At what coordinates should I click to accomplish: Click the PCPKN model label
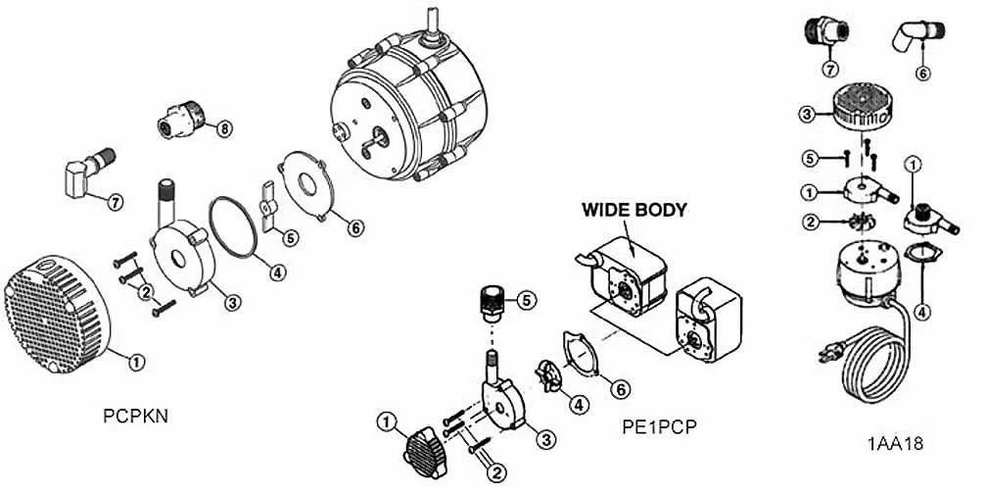(x=136, y=416)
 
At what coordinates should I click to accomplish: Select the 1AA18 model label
(x=895, y=443)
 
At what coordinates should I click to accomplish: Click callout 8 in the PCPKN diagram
(x=224, y=128)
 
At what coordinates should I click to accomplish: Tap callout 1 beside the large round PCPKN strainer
(x=137, y=362)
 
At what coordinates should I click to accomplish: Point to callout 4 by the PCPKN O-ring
(x=278, y=272)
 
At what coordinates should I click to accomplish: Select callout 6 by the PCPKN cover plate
(x=355, y=226)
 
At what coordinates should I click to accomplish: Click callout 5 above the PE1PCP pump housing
(x=528, y=300)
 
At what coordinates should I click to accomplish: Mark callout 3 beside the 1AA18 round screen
(x=806, y=115)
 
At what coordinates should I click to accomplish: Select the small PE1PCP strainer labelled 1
(x=426, y=452)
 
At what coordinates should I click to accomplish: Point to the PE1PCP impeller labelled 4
(x=547, y=376)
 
